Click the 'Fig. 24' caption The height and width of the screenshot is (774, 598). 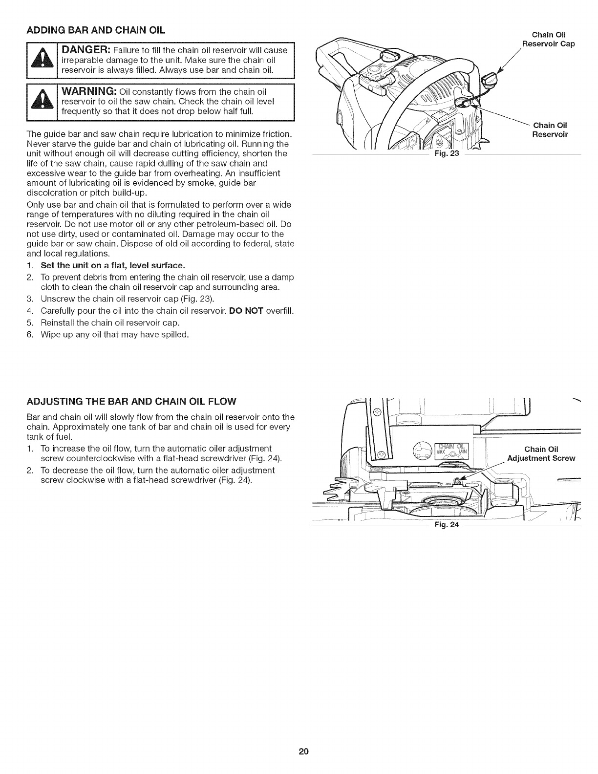click(x=445, y=525)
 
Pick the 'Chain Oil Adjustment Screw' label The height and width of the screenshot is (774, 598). click(x=541, y=454)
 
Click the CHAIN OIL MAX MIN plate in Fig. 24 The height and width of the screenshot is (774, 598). click(x=452, y=449)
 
